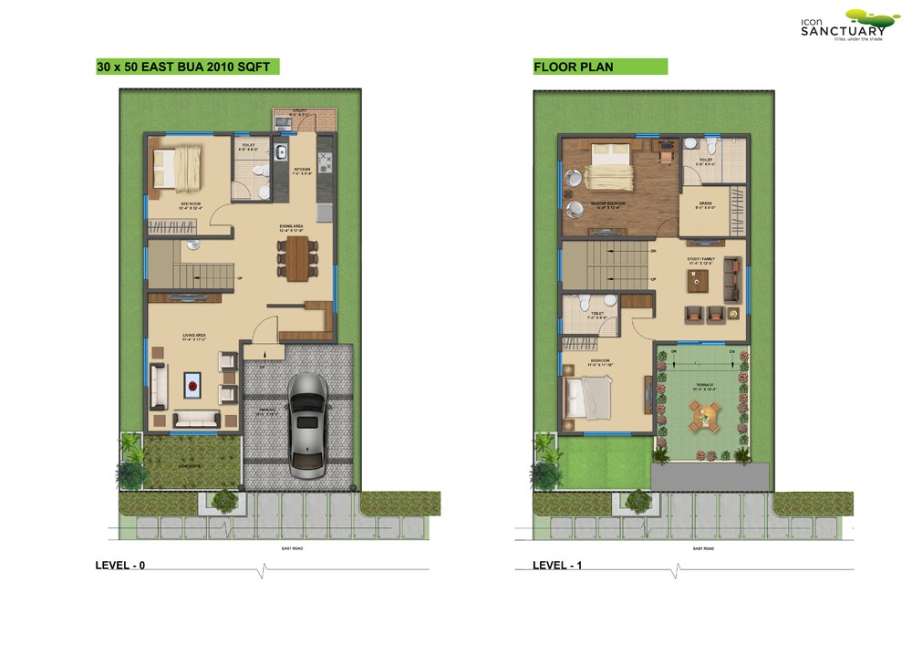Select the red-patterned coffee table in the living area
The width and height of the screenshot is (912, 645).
coord(193,386)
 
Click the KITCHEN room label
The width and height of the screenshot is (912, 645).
coord(302,170)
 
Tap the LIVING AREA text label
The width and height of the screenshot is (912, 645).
coord(192,338)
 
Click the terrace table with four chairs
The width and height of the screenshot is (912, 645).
coord(704,418)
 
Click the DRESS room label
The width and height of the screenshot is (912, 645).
coord(706,203)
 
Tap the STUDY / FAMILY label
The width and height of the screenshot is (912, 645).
coord(702,259)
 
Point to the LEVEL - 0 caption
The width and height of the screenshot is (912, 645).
coord(120,566)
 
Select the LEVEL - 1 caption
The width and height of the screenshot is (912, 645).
coord(557,566)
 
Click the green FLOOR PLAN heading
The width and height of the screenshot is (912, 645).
coord(574,67)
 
